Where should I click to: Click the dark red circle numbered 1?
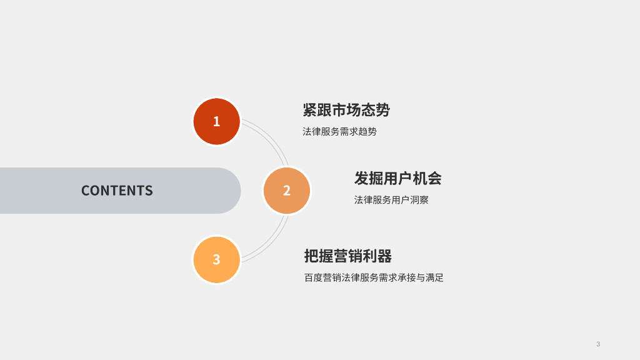pos(216,121)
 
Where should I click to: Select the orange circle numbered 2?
pos(287,191)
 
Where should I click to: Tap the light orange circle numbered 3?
pos(216,259)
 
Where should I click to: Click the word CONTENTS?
pos(117,191)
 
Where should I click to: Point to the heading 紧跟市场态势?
pos(346,110)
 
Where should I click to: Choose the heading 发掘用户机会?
pos(397,178)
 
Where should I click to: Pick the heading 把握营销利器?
pos(347,256)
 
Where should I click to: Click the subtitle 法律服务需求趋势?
pos(339,132)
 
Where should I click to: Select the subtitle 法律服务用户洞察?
pos(391,200)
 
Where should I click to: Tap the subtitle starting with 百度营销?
pos(374,278)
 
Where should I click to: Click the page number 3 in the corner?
pos(598,344)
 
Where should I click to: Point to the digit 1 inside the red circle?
pos(216,121)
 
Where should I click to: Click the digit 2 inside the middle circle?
pos(287,191)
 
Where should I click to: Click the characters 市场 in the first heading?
pos(346,110)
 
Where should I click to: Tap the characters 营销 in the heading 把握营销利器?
pos(347,256)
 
